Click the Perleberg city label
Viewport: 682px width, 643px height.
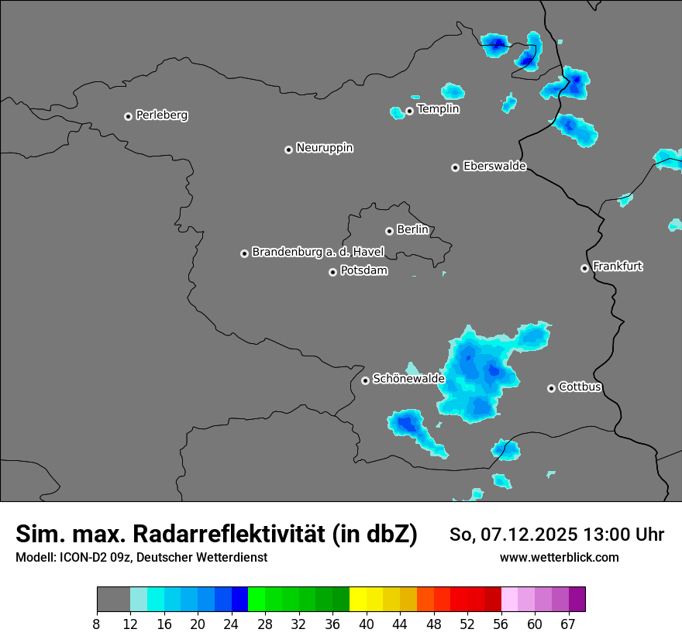pos(161,115)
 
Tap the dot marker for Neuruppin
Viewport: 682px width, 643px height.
pos(288,150)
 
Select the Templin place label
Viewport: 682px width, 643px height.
pos(438,109)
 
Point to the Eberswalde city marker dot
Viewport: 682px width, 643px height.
pos(455,167)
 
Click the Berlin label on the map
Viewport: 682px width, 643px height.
pos(412,230)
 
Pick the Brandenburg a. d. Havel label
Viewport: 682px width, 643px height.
pos(318,253)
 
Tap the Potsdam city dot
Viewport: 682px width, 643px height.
pos(332,272)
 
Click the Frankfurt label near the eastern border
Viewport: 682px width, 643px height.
pos(618,266)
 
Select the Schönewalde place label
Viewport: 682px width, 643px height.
pos(408,380)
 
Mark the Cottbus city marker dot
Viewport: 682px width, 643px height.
pos(551,388)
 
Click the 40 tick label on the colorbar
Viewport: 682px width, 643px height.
pos(367,624)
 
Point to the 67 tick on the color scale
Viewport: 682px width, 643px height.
pos(568,624)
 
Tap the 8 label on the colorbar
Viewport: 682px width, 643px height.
pos(97,624)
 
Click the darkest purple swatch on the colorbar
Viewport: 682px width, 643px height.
pos(577,600)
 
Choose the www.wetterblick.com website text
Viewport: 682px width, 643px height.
pos(559,558)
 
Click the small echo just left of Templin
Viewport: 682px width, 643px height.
pos(397,113)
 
